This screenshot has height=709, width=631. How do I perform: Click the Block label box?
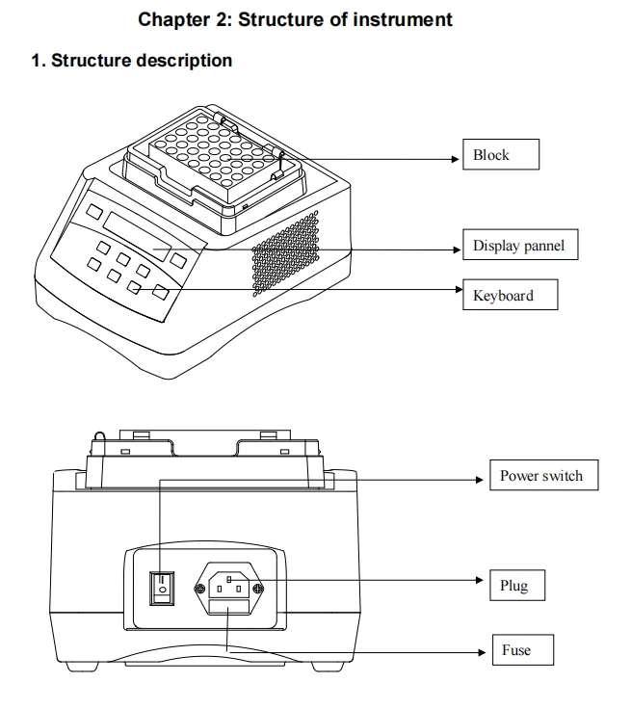point(501,155)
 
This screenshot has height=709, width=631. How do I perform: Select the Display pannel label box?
point(520,245)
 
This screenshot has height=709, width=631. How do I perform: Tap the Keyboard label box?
point(511,295)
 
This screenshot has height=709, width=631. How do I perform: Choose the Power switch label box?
point(543,475)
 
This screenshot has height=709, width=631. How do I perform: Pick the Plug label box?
point(517,586)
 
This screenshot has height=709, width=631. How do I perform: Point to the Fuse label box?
point(523,650)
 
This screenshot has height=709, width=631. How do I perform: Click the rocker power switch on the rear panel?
point(162,589)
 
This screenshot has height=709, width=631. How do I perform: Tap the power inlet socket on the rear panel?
point(229,585)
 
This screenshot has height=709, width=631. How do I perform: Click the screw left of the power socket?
point(199,589)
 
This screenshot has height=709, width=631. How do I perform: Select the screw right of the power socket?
point(258,589)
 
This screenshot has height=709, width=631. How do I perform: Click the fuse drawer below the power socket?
point(229,606)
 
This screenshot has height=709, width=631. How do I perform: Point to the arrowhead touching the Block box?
point(456,159)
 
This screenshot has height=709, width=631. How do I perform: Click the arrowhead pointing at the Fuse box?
point(482,652)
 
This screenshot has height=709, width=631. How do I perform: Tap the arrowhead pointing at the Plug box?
point(480,580)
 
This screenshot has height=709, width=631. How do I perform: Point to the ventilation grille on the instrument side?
point(285,253)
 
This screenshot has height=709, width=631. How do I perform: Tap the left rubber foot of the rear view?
point(82,667)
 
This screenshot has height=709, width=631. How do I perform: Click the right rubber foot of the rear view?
point(328,667)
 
